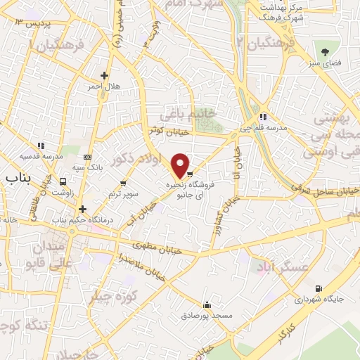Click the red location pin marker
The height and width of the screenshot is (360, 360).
[181, 165]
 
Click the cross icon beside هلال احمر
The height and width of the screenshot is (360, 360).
[105, 75]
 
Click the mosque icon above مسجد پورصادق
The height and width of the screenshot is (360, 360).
[207, 305]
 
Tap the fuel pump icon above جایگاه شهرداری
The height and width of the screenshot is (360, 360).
[319, 289]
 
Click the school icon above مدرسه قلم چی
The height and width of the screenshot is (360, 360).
[262, 117]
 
